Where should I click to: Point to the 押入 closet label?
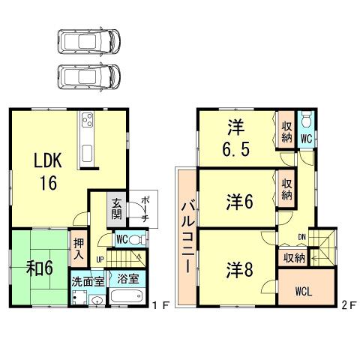pyautogui.click(x=78, y=247)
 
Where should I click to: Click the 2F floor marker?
pyautogui.click(x=346, y=305)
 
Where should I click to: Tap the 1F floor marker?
pyautogui.click(x=158, y=305)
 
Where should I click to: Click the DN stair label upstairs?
pyautogui.click(x=301, y=237)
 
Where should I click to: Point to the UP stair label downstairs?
pyautogui.click(x=100, y=259)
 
